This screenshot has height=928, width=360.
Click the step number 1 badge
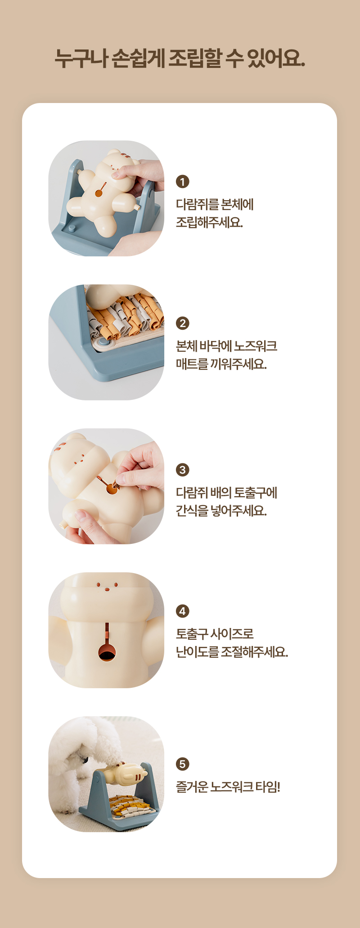point(182,182)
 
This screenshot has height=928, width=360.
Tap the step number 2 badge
point(182,323)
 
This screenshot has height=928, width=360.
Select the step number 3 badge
point(182,470)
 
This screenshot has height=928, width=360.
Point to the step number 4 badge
point(182,611)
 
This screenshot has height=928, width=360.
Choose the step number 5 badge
point(182,764)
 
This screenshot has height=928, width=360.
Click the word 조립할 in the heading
point(195,58)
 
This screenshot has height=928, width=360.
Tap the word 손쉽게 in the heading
point(138,58)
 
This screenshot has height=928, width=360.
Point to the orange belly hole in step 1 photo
point(99,194)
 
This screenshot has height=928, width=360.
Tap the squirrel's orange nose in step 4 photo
point(107,588)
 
